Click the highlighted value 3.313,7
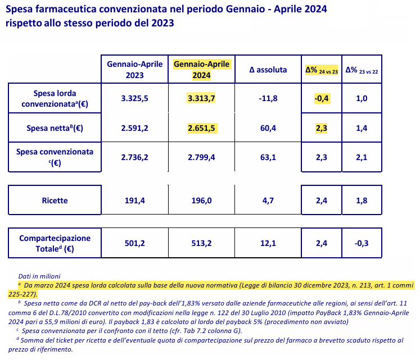[x=201, y=98]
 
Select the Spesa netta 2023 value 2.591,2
[x=134, y=128]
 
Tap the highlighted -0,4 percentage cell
[x=322, y=98]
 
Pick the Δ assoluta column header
[x=268, y=70]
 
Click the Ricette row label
[x=55, y=200]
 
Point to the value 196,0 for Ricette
[x=201, y=200]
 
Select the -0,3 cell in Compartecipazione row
[x=362, y=243]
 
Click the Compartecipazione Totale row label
[x=55, y=243]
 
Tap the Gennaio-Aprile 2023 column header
[x=134, y=70]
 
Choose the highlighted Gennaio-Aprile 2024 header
[x=201, y=70]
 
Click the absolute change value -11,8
[x=268, y=98]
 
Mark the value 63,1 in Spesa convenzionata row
[x=268, y=157]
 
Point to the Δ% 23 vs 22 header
[x=362, y=70]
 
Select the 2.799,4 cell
[x=201, y=157]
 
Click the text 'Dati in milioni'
[x=39, y=276]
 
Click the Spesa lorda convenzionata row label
[x=55, y=98]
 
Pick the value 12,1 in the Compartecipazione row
[x=268, y=243]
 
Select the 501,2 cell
[x=134, y=243]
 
